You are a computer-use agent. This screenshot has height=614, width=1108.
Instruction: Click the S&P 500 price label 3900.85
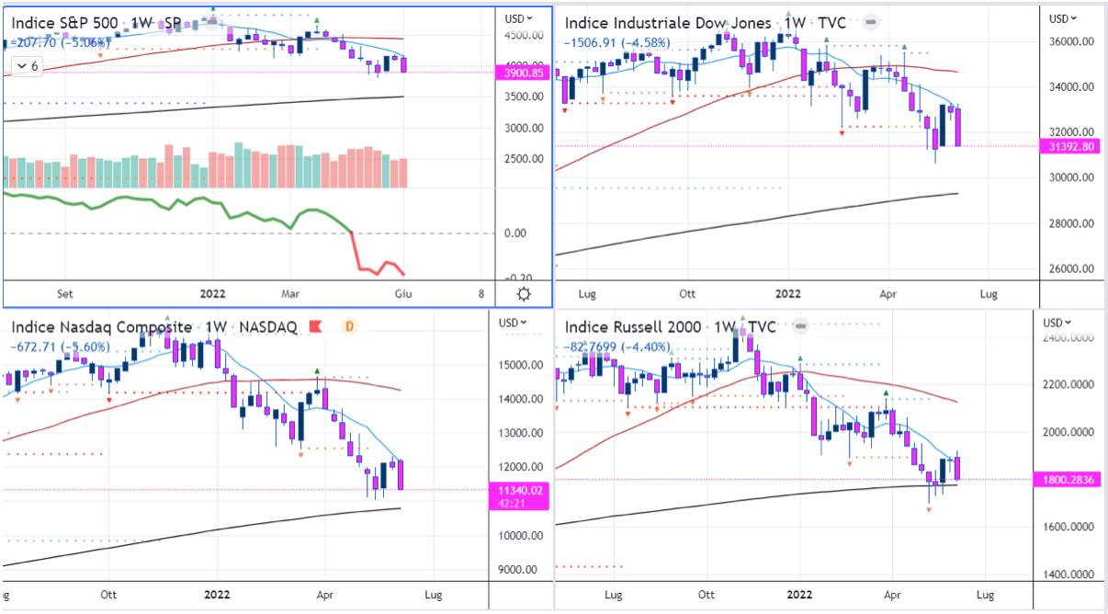[525, 73]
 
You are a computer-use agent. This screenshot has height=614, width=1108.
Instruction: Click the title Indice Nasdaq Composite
[102, 327]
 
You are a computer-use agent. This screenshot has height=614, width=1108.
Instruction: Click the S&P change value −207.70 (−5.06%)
[56, 41]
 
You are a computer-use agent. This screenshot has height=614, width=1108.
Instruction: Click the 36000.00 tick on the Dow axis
[1072, 42]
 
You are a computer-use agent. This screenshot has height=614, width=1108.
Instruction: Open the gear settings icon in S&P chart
[524, 294]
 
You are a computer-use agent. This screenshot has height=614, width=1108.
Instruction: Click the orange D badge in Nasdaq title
[349, 326]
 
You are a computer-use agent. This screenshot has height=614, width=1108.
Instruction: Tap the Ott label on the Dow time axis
[686, 294]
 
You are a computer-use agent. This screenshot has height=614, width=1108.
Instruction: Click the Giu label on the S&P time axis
[401, 294]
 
